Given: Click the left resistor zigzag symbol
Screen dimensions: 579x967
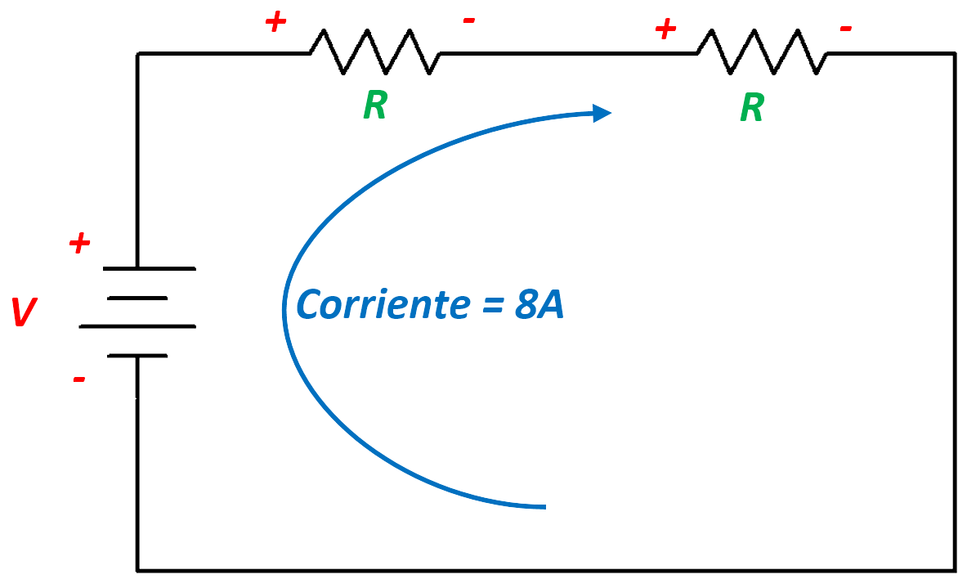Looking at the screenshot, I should point(374,52).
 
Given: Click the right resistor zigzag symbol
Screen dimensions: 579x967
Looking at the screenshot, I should point(762,52).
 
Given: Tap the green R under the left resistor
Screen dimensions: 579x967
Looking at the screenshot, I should point(374,106).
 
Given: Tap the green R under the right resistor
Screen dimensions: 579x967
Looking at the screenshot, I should point(752,107).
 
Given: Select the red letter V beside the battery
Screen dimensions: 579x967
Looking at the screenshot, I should point(25,313).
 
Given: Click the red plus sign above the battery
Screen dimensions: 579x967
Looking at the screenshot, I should point(79,243).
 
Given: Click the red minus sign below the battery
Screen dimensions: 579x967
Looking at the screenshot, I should point(79,379).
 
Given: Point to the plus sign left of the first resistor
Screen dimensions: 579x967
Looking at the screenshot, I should point(275,23).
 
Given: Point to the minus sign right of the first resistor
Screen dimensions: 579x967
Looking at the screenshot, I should point(469,20).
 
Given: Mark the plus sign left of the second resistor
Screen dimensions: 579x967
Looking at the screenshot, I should point(666,29).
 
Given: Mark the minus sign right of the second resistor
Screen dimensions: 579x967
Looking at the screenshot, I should point(846,29).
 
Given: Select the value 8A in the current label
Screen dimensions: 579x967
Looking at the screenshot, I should point(539,305).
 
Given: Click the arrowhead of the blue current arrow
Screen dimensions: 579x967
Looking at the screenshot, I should point(602,113).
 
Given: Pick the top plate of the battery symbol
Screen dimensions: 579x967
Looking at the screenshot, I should point(149,268).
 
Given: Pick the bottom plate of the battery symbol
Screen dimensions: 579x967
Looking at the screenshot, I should point(137,356).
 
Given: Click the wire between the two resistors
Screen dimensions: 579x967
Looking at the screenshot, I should point(568,53).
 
